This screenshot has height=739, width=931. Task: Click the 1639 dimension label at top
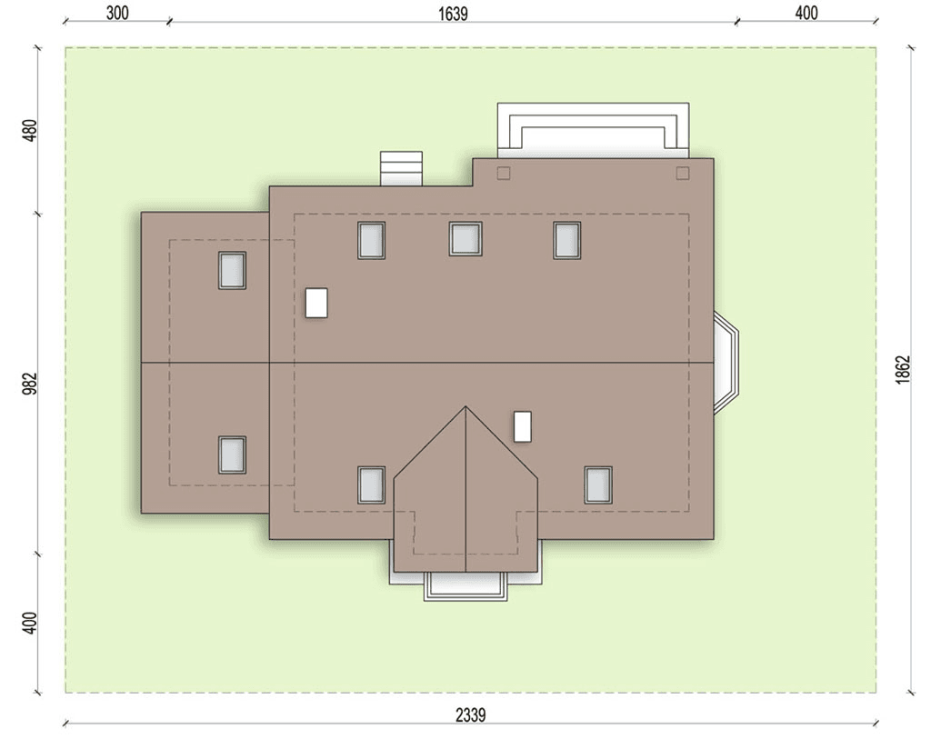tap(453, 13)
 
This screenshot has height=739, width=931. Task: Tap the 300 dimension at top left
tap(117, 13)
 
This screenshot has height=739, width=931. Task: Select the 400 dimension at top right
tap(806, 13)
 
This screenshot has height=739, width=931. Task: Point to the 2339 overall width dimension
tap(470, 715)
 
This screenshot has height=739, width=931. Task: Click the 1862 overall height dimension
tap(903, 370)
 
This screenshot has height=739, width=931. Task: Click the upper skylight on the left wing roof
tap(232, 271)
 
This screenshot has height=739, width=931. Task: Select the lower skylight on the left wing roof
tap(232, 455)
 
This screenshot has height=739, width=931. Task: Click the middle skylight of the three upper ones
tap(465, 239)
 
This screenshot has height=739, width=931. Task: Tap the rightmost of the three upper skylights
tap(567, 240)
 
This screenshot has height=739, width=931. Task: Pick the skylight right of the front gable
tap(598, 485)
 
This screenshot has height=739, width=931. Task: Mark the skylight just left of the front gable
tap(371, 485)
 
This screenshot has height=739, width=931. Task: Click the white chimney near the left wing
tap(316, 303)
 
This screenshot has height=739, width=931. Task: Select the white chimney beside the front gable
tap(523, 426)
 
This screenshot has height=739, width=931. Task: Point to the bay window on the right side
tap(726, 362)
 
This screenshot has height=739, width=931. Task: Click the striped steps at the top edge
tap(401, 168)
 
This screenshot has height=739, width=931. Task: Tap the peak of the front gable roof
tap(466, 406)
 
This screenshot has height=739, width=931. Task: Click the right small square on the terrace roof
tap(683, 174)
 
